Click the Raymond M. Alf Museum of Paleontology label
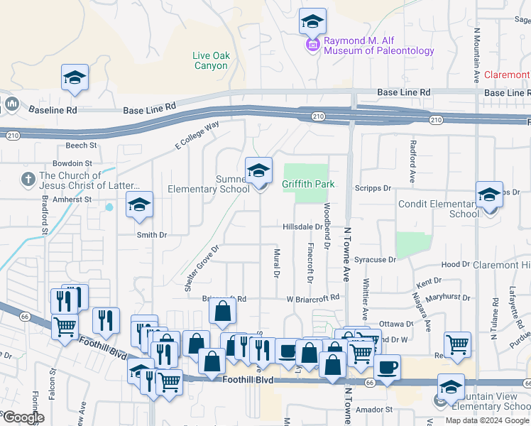click(379, 46)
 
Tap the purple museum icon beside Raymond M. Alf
click(312, 46)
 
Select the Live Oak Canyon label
click(211, 60)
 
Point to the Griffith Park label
click(307, 184)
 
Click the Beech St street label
click(81, 146)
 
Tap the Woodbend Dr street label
click(327, 226)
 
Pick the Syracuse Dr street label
click(375, 260)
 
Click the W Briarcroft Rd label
click(314, 299)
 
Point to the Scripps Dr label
click(376, 188)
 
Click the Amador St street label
click(374, 410)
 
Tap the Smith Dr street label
click(152, 234)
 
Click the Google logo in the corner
click(23, 418)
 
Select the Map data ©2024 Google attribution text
click(487, 420)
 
